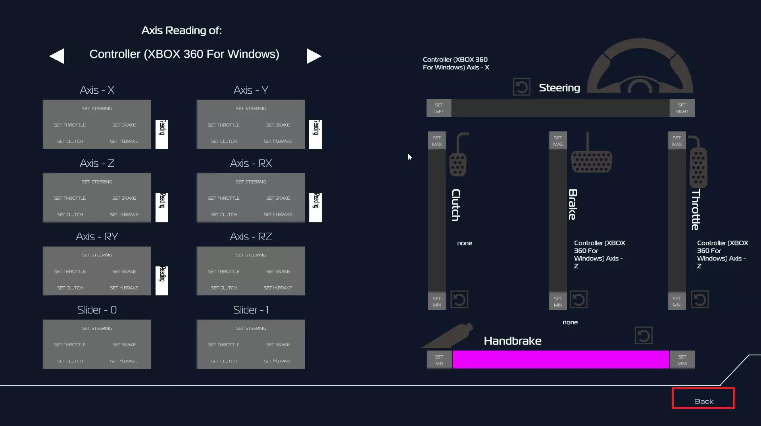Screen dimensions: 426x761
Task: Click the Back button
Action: [x=703, y=398]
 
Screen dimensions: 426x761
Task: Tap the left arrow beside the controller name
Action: [x=57, y=56]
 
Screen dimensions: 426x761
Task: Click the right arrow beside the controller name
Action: [x=313, y=56]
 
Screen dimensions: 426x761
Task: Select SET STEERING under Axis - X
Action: [x=97, y=108]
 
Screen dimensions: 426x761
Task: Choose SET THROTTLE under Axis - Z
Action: [x=70, y=198]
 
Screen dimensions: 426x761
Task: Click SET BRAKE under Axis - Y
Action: [x=278, y=125]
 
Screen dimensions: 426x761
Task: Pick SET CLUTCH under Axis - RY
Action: [x=70, y=288]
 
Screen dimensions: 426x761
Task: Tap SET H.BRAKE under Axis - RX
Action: [x=278, y=214]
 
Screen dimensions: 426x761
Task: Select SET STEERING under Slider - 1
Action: [x=251, y=328]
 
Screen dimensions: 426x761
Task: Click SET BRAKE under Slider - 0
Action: [x=124, y=345]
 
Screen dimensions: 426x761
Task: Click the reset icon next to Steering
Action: [x=521, y=87]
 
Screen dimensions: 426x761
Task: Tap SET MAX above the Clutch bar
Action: [x=437, y=141]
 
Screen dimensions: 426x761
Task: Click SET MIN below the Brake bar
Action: [x=558, y=302]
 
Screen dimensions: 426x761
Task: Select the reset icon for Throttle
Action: [x=700, y=299]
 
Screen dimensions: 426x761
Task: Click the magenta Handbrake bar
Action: [x=560, y=360]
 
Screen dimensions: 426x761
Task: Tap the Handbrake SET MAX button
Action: [x=682, y=360]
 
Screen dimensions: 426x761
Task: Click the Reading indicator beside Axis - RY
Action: [x=162, y=281]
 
